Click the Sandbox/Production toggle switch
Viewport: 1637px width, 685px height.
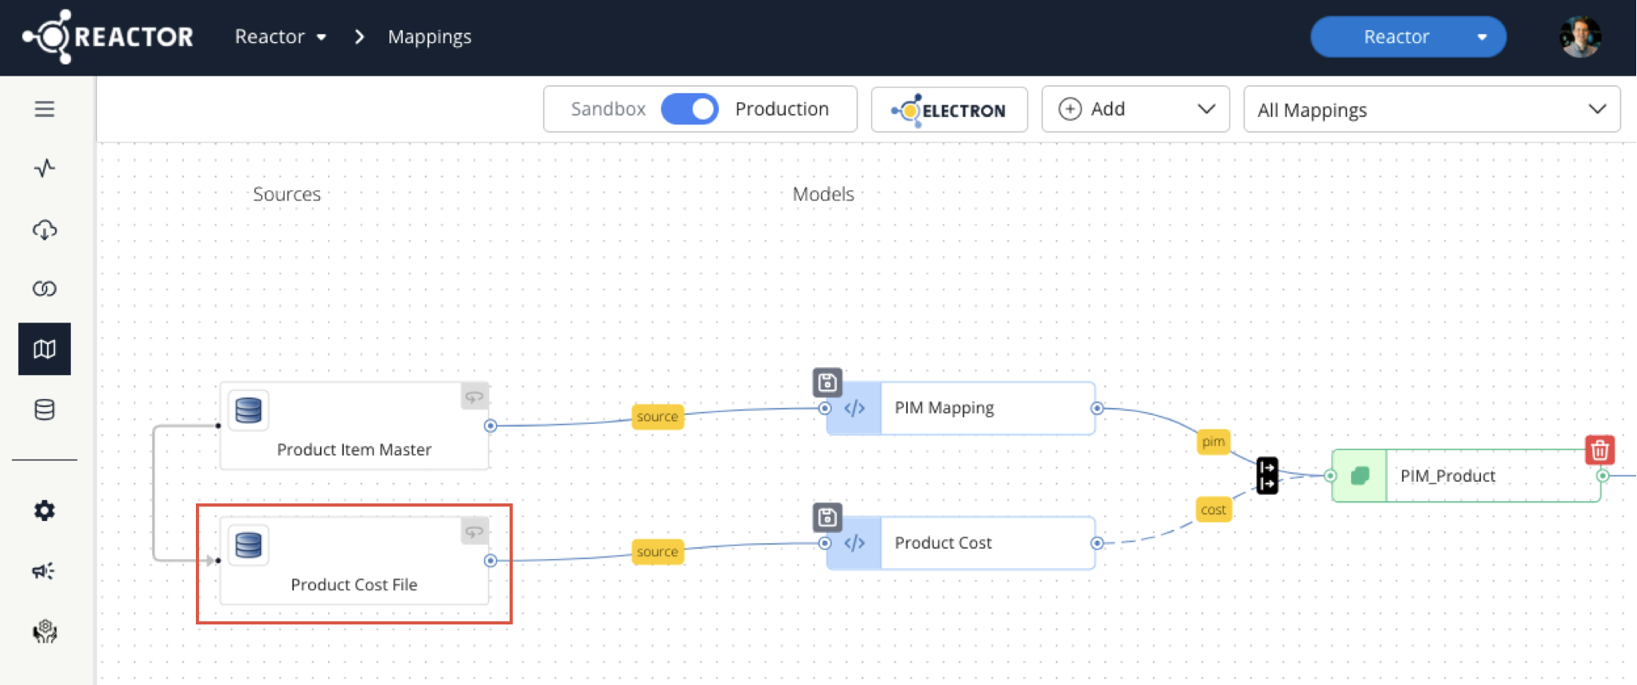tap(690, 109)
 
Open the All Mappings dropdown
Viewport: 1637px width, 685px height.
tap(1431, 110)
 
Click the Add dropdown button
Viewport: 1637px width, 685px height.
tap(1135, 109)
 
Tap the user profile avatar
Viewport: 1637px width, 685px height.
tap(1580, 37)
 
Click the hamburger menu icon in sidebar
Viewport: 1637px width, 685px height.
tap(45, 109)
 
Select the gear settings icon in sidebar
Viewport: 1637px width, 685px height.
tap(45, 511)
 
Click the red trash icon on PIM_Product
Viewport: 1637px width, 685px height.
tap(1600, 450)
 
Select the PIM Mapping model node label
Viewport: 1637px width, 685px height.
tap(944, 408)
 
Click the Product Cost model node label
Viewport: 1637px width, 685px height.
tap(943, 543)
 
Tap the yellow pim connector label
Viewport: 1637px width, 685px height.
tap(1213, 441)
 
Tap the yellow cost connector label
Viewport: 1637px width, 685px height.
tap(1213, 510)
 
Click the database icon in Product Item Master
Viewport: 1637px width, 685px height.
tap(248, 410)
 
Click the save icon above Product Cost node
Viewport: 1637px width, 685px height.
tap(827, 518)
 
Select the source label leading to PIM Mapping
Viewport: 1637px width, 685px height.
tap(657, 417)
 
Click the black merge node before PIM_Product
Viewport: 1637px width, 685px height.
tap(1267, 476)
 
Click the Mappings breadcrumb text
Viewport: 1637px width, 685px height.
tap(429, 37)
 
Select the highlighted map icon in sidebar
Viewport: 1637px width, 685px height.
tap(45, 349)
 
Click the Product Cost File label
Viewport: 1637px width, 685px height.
tap(354, 585)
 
